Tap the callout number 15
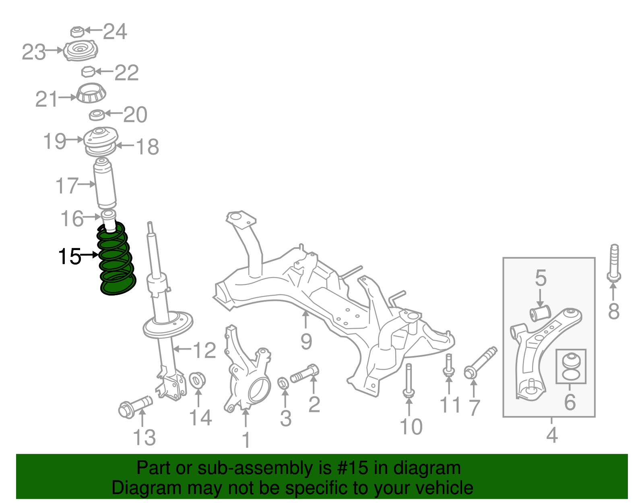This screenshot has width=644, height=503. click(70, 257)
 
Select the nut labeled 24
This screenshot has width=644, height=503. click(77, 31)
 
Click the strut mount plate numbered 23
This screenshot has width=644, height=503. click(80, 51)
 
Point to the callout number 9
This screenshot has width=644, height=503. click(306, 342)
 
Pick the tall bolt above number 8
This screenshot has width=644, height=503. click(614, 262)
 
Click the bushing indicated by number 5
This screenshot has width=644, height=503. click(540, 313)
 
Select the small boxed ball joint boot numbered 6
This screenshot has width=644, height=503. click(571, 366)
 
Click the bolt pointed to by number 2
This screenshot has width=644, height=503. click(305, 373)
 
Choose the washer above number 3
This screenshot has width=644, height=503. click(284, 383)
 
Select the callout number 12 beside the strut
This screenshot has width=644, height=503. click(204, 350)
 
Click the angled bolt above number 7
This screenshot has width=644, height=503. click(481, 361)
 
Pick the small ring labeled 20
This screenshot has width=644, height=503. click(97, 115)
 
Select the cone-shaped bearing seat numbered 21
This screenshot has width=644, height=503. click(91, 93)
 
